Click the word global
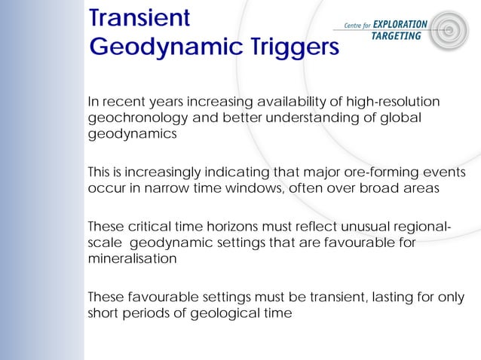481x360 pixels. pos(399,118)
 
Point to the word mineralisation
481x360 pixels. pos(133,258)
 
